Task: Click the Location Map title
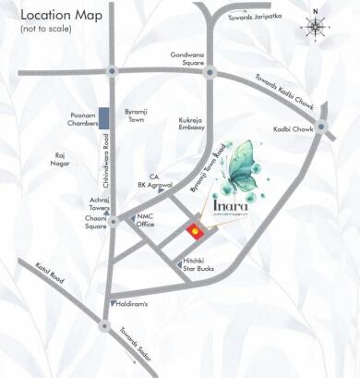point(58,16)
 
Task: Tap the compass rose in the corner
point(316,26)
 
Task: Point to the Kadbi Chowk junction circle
point(320,126)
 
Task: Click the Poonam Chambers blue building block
point(104,119)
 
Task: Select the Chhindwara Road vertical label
point(104,175)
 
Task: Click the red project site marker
point(195,231)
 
